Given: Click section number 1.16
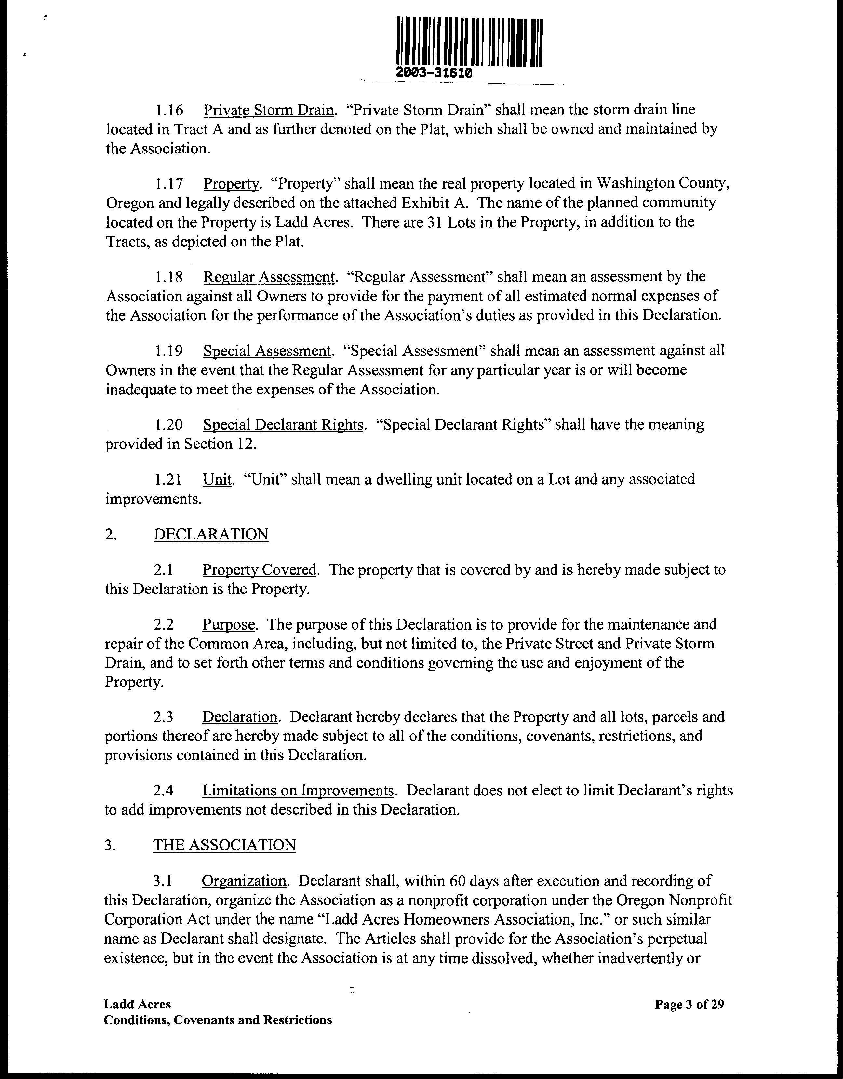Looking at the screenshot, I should click(x=169, y=110).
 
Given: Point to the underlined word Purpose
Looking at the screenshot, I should click(x=228, y=624).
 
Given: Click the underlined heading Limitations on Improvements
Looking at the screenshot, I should click(x=298, y=791).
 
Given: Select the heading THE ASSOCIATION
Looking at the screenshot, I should click(x=224, y=845).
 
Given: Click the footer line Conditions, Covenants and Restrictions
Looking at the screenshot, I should click(x=218, y=1020).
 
